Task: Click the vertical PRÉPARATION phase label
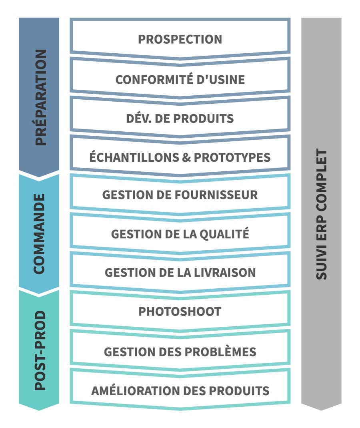coord(41,97)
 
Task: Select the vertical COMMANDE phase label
coord(39,234)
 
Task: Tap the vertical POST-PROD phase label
coord(40,350)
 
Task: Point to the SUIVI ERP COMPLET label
coord(321,214)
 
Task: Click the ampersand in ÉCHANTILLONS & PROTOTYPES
coord(186,157)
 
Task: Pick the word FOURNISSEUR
coord(216,195)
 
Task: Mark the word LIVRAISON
coord(225,273)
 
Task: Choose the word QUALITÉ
coord(224,233)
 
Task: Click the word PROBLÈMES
coord(217,351)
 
